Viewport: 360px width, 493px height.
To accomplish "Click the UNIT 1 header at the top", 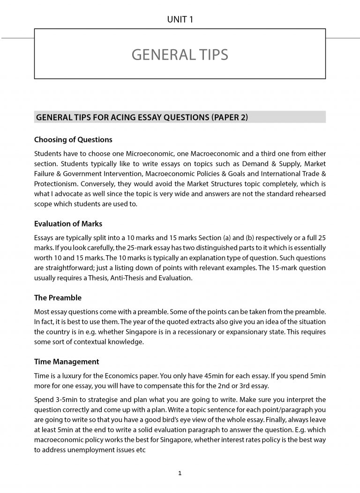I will click(180, 19).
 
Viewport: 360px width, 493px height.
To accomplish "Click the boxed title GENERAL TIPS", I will click(180, 55).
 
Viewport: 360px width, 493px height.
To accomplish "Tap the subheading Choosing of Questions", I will click(73, 140).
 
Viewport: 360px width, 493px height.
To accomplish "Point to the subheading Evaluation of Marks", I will click(68, 224).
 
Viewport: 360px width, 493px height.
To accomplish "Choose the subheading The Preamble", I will click(58, 297).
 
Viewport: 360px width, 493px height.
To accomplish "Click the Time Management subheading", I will click(67, 362).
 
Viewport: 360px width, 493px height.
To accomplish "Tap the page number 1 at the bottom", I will click(180, 473).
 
